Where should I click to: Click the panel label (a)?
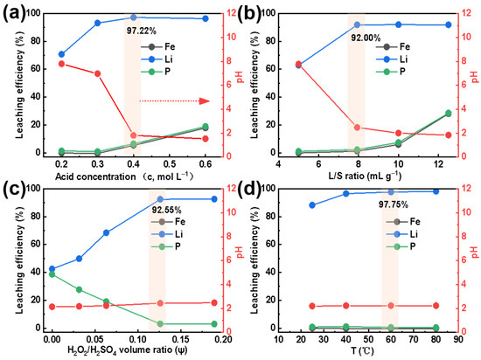[x=15, y=12]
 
